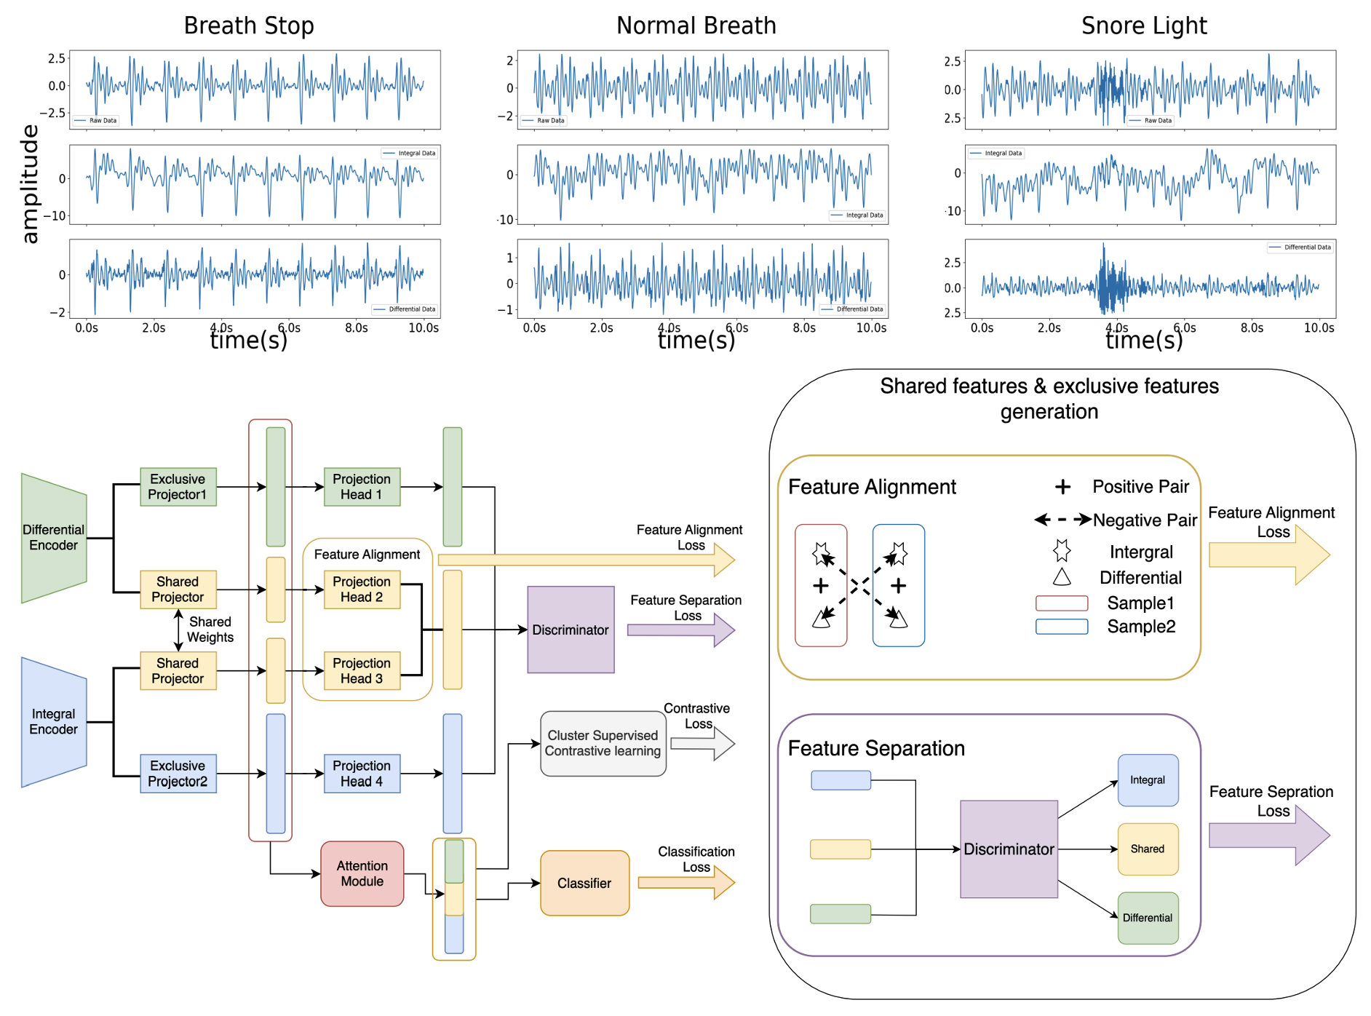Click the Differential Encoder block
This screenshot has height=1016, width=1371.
pyautogui.click(x=54, y=538)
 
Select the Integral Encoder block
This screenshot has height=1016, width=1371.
pyautogui.click(x=54, y=721)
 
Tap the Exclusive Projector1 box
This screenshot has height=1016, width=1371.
pyautogui.click(x=178, y=487)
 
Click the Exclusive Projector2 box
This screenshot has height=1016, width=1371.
pyautogui.click(x=178, y=773)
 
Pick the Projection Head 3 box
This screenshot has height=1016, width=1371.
pyautogui.click(x=362, y=670)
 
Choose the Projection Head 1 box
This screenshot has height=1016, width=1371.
pyautogui.click(x=362, y=487)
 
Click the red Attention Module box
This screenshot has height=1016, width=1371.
pyautogui.click(x=362, y=873)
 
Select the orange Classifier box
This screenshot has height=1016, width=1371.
pyautogui.click(x=584, y=883)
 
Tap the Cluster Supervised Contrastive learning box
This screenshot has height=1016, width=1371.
pyautogui.click(x=603, y=743)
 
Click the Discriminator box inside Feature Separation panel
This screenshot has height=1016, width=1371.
pyautogui.click(x=1009, y=849)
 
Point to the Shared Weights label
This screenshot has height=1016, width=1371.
pyautogui.click(x=210, y=630)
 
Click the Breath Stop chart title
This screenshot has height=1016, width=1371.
pyautogui.click(x=249, y=25)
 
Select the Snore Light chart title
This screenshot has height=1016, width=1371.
pyautogui.click(x=1144, y=25)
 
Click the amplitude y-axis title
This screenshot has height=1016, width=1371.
pyautogui.click(x=29, y=183)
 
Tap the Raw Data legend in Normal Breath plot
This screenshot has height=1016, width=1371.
pyautogui.click(x=544, y=121)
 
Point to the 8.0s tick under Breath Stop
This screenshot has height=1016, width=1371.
pyautogui.click(x=356, y=328)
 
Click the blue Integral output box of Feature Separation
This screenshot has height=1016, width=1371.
pyautogui.click(x=1148, y=780)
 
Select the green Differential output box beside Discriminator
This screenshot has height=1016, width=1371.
pyautogui.click(x=1148, y=918)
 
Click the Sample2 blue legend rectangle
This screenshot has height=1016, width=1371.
pyautogui.click(x=1062, y=627)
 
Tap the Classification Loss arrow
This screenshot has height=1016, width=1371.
pyautogui.click(x=687, y=883)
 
